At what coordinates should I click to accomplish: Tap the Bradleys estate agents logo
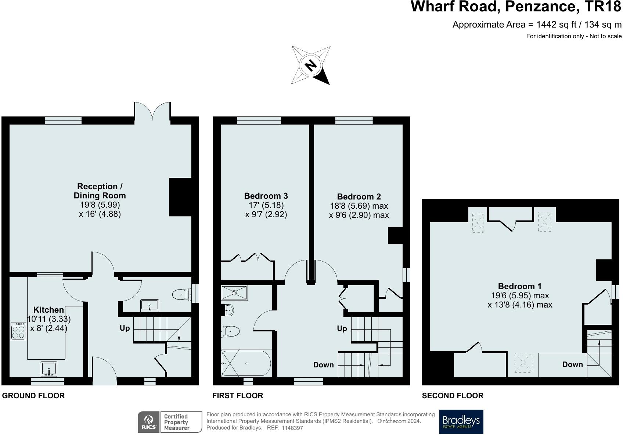pos(461,422)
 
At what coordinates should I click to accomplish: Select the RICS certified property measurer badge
pos(170,422)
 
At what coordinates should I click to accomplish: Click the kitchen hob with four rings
pos(18,331)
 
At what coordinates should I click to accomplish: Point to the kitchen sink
pos(48,369)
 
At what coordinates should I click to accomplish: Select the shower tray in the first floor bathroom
pos(234,293)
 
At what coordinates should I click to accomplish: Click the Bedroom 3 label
pos(266,196)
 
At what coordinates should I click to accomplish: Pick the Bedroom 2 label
pos(359,197)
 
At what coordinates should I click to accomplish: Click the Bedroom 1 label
pos(519,286)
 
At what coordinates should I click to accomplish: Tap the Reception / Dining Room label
pos(100,191)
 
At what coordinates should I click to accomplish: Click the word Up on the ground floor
pos(125,328)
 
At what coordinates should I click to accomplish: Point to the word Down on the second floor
pos(572,364)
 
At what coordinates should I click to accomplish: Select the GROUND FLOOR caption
pos(33,396)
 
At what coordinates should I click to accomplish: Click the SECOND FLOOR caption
pos(453,396)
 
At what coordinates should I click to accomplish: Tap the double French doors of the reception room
pos(152,110)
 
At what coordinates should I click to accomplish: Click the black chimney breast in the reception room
pos(180,197)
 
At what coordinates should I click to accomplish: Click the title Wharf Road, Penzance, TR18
pos(516,7)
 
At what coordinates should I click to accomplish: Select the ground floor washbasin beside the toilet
pos(150,305)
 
